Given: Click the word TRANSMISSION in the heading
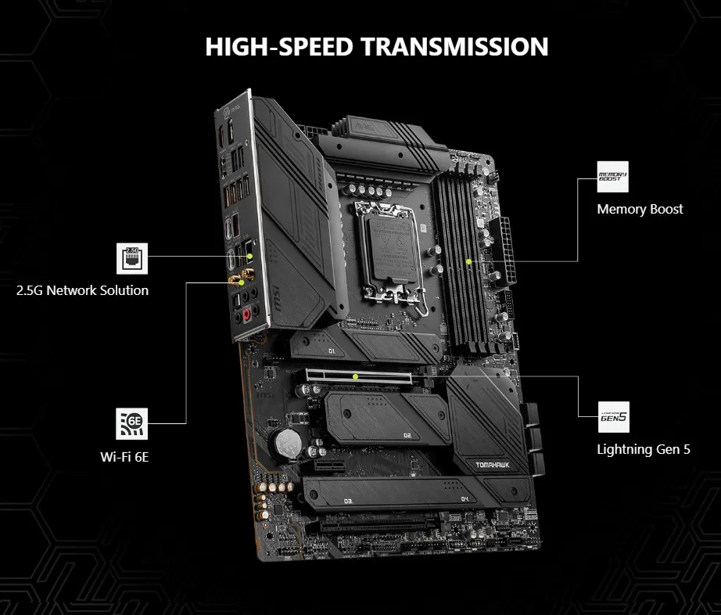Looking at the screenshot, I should (x=454, y=46).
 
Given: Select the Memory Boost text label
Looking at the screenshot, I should (x=640, y=209).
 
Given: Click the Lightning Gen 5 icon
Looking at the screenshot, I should (x=612, y=417).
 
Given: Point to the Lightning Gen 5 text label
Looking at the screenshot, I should (x=644, y=449).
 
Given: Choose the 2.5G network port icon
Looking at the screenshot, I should (x=131, y=258).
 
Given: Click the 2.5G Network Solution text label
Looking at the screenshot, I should (x=82, y=290).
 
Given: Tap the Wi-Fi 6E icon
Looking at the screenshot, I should (x=131, y=423).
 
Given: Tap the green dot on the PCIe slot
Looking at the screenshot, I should (x=355, y=376).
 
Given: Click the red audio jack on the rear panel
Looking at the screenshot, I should (x=248, y=315).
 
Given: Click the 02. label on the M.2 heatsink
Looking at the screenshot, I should (x=407, y=434).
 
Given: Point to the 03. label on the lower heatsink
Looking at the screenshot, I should (x=348, y=499).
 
